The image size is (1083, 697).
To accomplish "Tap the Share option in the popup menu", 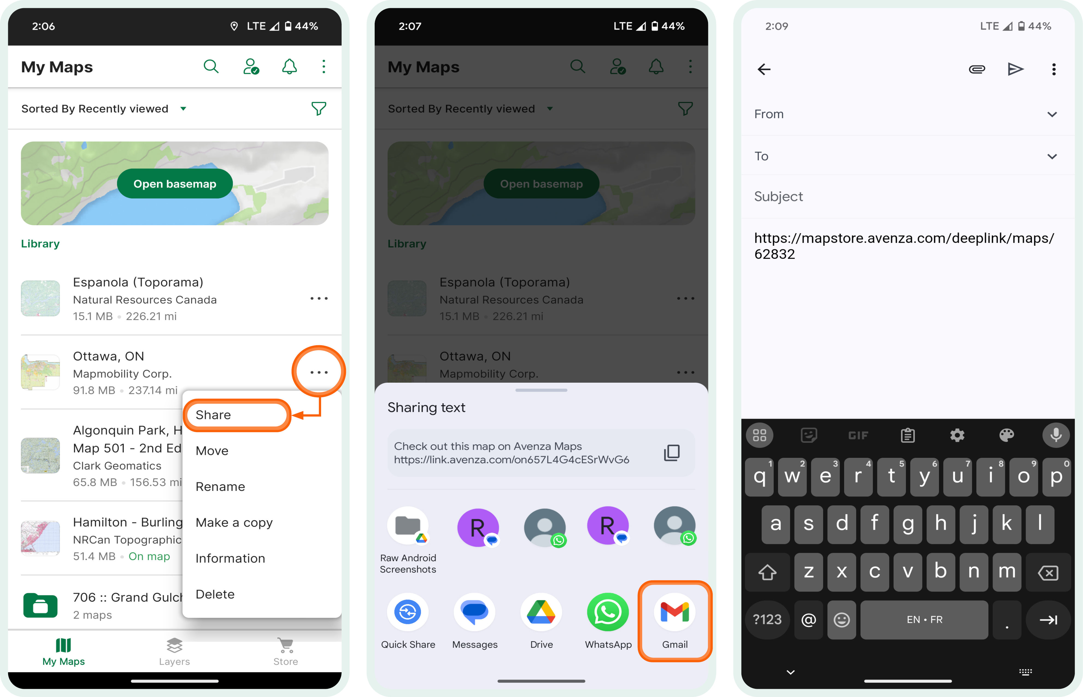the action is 213,415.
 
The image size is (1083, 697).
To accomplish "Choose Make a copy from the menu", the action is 234,522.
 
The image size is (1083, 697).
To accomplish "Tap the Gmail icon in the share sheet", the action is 674,612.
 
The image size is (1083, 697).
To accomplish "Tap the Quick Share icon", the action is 408,612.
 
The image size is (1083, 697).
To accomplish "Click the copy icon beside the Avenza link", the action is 671,453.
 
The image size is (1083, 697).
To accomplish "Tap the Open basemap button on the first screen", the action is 175,184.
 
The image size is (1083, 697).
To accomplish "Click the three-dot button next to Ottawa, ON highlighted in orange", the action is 319,372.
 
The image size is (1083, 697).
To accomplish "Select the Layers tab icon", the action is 174,645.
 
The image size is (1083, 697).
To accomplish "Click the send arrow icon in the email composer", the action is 1015,69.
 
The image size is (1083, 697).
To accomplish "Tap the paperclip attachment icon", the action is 977,69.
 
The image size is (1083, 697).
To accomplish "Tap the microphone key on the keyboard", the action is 1056,435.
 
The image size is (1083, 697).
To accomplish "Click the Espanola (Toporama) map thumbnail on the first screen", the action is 40,298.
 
